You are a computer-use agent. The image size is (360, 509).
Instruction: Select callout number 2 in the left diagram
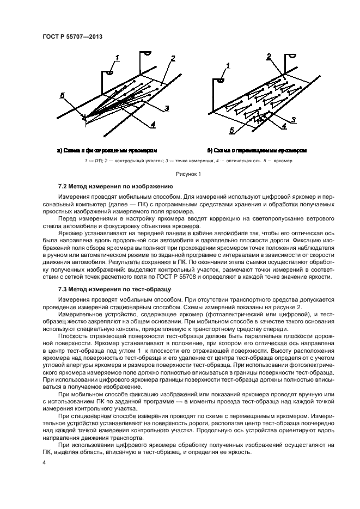(173, 58)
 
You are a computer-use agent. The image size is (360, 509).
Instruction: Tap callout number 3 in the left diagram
(167, 108)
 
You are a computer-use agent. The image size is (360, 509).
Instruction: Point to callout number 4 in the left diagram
(153, 124)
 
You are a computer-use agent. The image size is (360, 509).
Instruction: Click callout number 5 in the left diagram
(63, 95)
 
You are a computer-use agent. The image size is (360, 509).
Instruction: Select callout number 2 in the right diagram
(269, 57)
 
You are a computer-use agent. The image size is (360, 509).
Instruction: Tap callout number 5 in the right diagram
(231, 131)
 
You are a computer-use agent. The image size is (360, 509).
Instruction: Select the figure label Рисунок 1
(188, 174)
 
